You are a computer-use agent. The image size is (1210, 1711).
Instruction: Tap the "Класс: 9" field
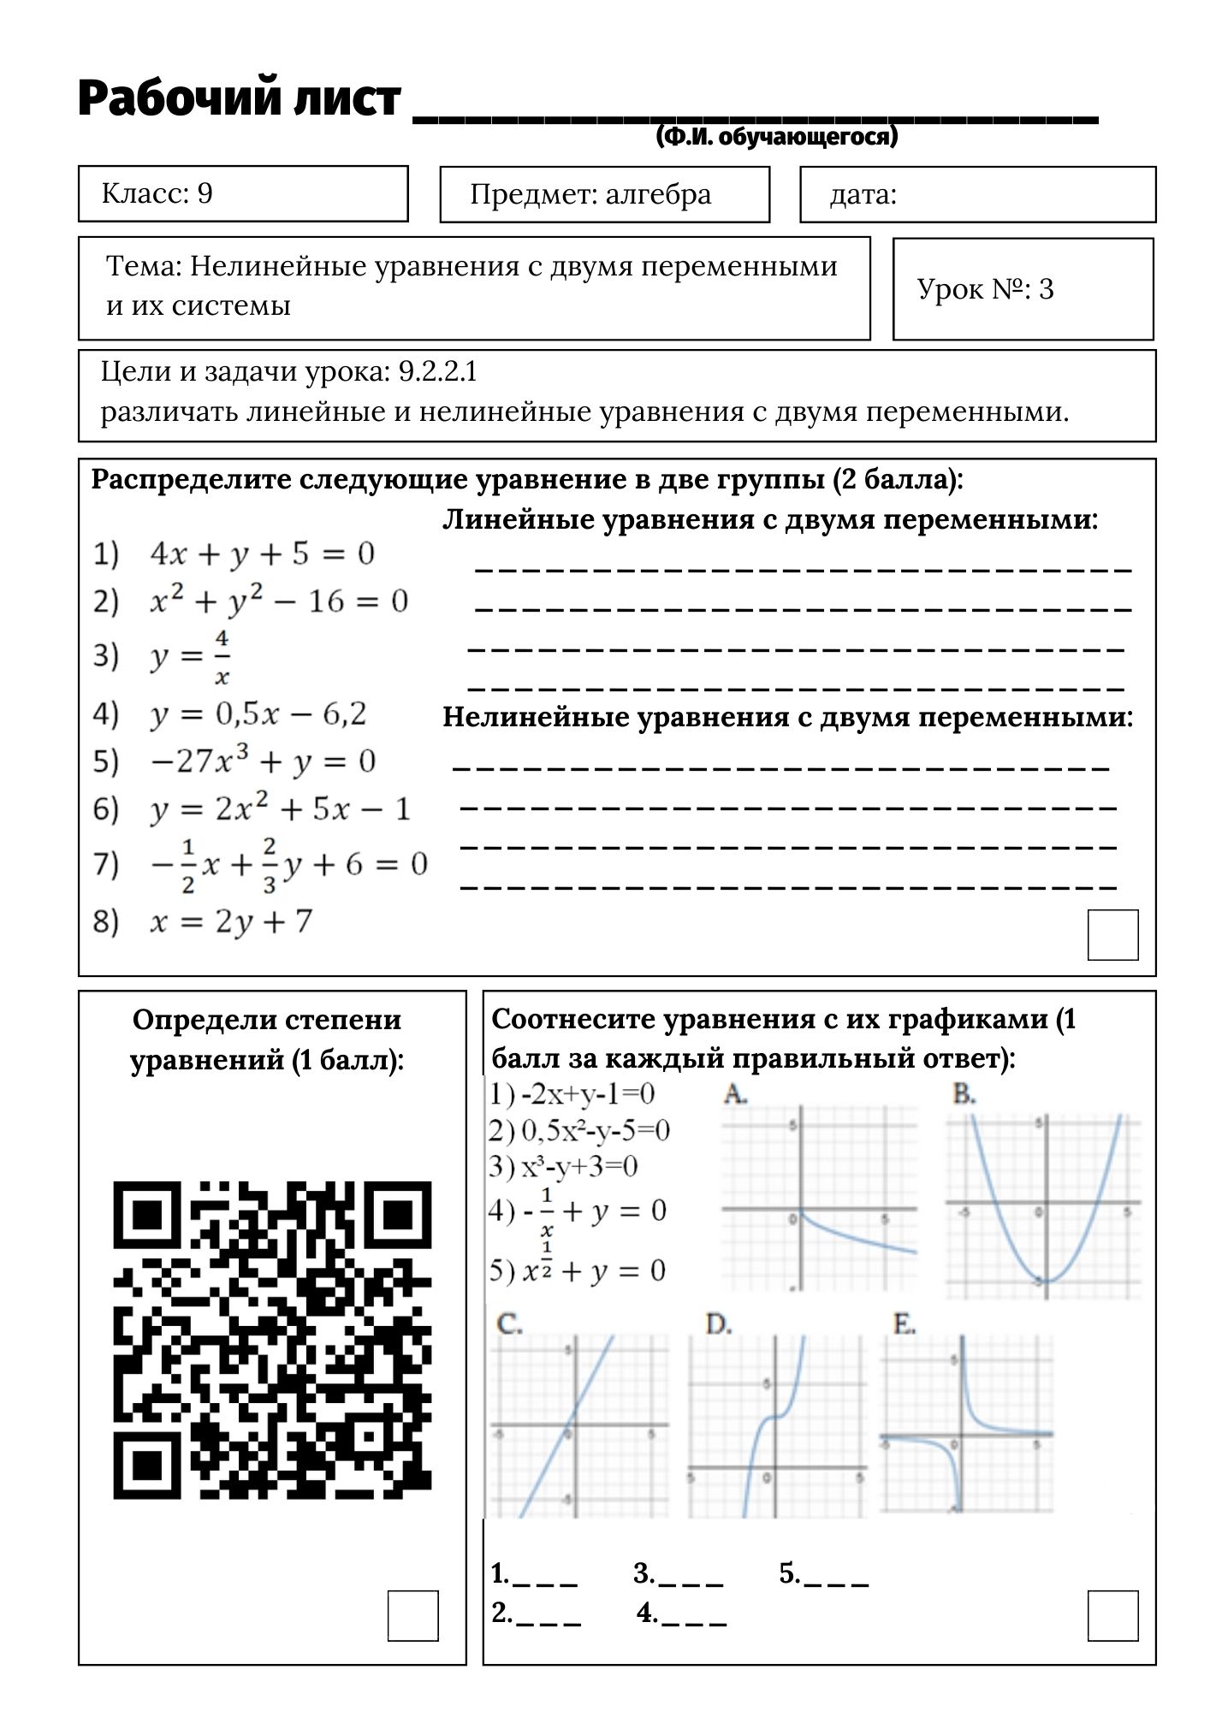tap(243, 194)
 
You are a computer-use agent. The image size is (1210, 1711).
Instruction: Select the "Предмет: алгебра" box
tap(604, 195)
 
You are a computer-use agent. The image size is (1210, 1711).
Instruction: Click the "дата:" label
tap(863, 195)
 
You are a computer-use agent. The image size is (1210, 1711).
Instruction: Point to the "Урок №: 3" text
tap(985, 289)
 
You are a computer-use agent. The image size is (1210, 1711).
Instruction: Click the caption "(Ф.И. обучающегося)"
tap(777, 137)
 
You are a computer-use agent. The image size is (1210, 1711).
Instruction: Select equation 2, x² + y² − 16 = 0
tap(278, 601)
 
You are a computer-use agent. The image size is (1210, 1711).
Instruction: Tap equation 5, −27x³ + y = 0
tap(262, 761)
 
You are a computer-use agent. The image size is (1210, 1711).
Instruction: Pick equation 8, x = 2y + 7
tap(231, 921)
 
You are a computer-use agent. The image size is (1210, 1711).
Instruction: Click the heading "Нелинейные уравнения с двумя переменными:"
tap(787, 717)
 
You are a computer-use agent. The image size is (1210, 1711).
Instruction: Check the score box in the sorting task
tap(1112, 934)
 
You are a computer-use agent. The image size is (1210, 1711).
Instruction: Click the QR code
tap(272, 1340)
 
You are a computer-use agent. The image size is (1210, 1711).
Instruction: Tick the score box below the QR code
tap(412, 1615)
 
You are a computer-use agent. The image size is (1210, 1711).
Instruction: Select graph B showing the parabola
tap(1043, 1206)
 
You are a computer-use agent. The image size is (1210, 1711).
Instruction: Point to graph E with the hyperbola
tap(966, 1424)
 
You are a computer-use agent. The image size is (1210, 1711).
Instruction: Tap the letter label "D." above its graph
tap(719, 1325)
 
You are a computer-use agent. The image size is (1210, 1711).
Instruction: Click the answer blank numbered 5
tap(836, 1574)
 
